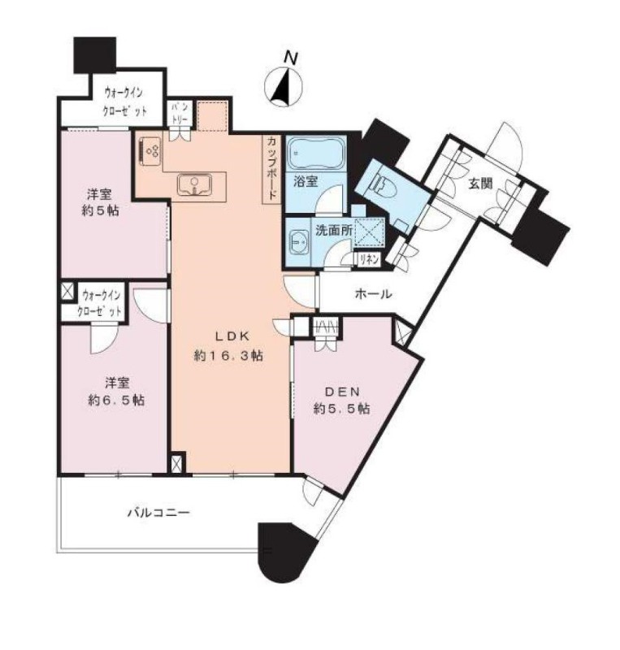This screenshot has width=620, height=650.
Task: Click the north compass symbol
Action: click(284, 86)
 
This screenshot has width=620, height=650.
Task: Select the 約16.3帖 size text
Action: click(228, 356)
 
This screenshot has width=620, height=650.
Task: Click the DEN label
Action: click(342, 392)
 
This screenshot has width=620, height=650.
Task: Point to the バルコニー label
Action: click(158, 513)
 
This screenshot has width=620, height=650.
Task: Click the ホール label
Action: click(373, 294)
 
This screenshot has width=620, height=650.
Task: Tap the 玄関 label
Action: click(480, 184)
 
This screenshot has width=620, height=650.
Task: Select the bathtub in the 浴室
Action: click(315, 153)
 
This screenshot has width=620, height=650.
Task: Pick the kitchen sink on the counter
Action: click(194, 184)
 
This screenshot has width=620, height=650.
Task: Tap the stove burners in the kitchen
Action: click(150, 151)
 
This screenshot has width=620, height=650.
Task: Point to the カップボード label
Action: click(271, 170)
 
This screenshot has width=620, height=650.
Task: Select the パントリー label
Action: click(180, 113)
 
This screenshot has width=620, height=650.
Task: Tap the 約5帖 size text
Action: click(99, 210)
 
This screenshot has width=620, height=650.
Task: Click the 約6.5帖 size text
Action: click(116, 400)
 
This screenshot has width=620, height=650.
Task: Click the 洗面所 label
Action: click(334, 231)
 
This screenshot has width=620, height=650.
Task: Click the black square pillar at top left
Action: click(94, 55)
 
